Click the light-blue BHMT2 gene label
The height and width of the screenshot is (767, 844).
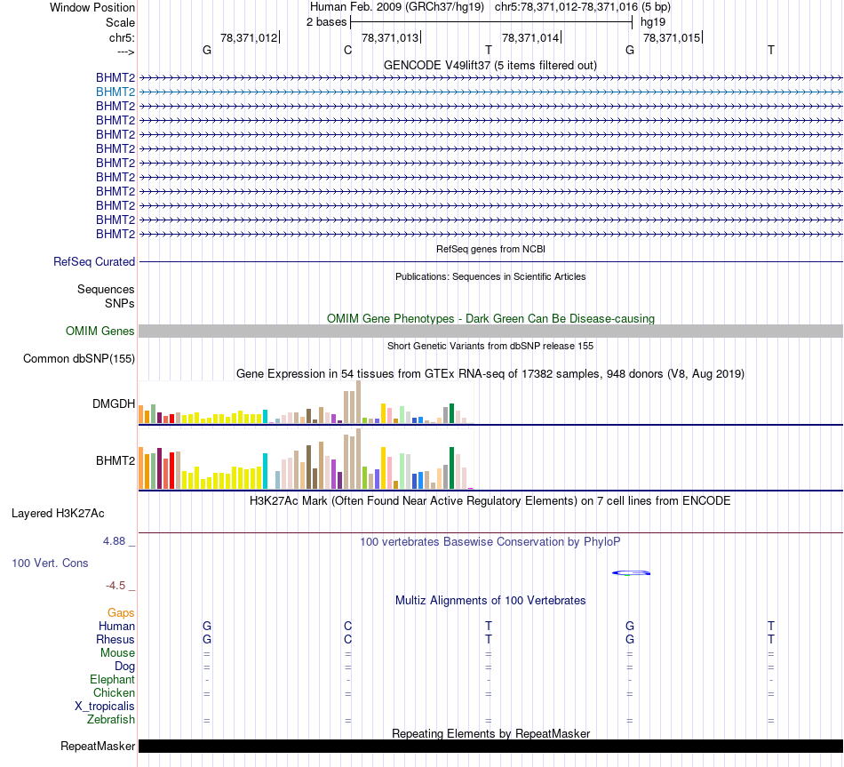pos(115,92)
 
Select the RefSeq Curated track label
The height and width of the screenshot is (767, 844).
pos(94,262)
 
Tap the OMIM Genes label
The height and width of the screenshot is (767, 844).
pos(100,332)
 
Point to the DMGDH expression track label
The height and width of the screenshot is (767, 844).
pos(114,403)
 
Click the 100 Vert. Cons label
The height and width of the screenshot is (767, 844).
pos(50,563)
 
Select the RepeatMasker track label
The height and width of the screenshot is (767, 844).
pos(98,747)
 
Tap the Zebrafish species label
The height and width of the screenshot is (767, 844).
pos(111,720)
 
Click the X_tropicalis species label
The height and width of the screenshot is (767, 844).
pos(105,707)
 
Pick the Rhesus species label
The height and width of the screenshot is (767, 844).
pos(115,640)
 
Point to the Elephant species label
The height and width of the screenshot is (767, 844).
pos(112,680)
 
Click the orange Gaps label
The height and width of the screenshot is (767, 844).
pos(121,613)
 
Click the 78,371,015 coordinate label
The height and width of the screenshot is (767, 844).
pos(671,37)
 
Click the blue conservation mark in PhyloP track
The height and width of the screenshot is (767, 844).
pos(632,572)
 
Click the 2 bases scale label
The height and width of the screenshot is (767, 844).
pos(327,22)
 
